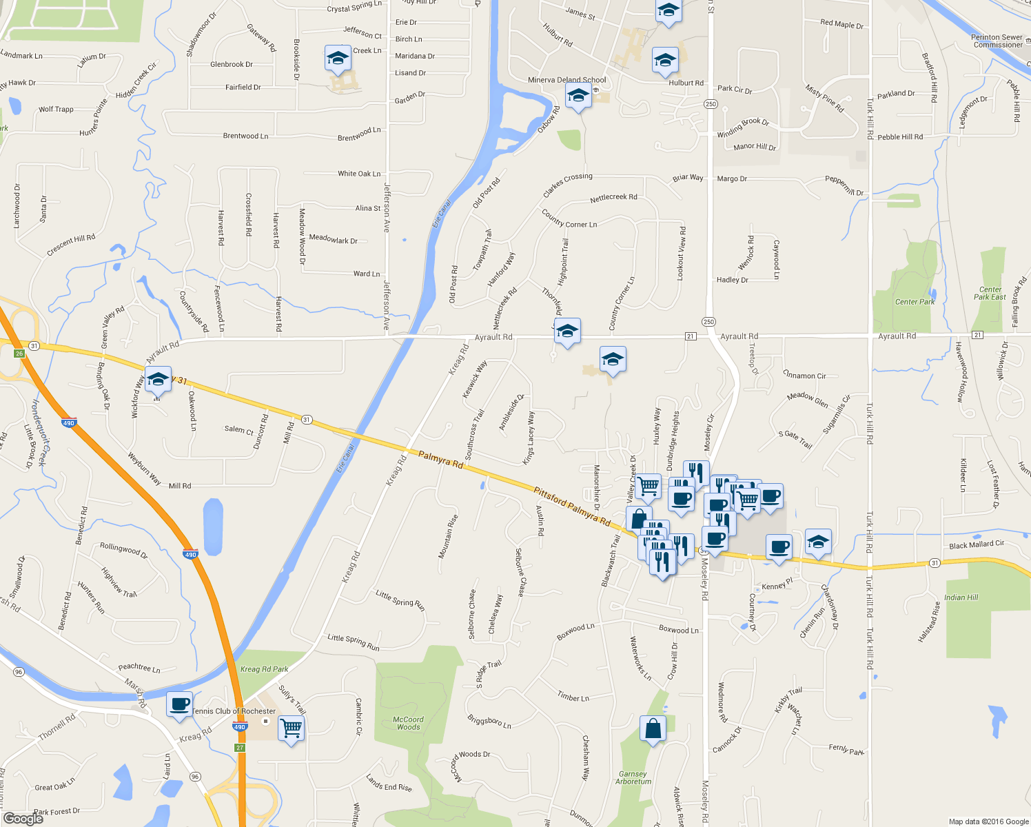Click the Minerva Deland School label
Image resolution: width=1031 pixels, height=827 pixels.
pyautogui.click(x=566, y=80)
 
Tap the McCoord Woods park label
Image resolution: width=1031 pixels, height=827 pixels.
pyautogui.click(x=408, y=723)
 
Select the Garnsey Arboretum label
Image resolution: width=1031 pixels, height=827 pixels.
pyautogui.click(x=633, y=777)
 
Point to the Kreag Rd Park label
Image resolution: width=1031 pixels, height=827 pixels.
pyautogui.click(x=264, y=669)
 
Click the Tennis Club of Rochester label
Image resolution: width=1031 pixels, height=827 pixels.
pyautogui.click(x=234, y=711)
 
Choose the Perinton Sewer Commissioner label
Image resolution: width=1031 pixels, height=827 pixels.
pyautogui.click(x=997, y=41)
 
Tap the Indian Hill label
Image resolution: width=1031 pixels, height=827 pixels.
pyautogui.click(x=961, y=598)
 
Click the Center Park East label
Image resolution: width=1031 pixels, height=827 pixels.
pyautogui.click(x=990, y=294)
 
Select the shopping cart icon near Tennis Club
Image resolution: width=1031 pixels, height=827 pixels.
pyautogui.click(x=291, y=728)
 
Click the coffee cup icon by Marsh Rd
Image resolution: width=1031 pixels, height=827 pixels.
pyautogui.click(x=179, y=705)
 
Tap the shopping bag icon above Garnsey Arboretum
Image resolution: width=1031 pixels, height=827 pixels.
pyautogui.click(x=653, y=728)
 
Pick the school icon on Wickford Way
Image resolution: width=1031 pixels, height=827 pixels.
pyautogui.click(x=158, y=380)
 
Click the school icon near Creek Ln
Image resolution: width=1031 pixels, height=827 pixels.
pyautogui.click(x=338, y=59)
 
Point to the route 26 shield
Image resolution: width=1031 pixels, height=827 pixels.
pyautogui.click(x=19, y=354)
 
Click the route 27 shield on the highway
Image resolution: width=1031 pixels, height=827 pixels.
pyautogui.click(x=240, y=748)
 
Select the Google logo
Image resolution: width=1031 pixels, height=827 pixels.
pyautogui.click(x=23, y=818)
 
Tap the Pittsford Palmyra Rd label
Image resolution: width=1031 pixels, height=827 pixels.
pyautogui.click(x=571, y=507)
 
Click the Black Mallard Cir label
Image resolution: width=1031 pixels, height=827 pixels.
pyautogui.click(x=977, y=544)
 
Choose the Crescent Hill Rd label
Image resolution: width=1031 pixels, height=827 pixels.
pyautogui.click(x=71, y=245)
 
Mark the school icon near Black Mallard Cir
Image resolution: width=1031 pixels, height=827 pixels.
pyautogui.click(x=818, y=542)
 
